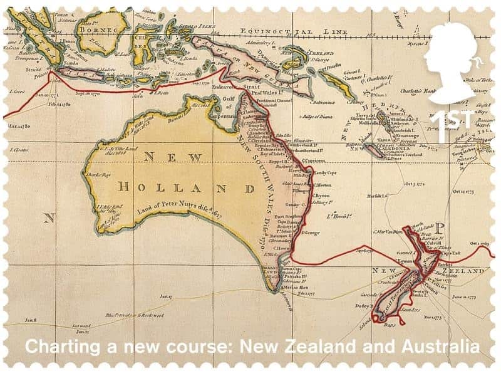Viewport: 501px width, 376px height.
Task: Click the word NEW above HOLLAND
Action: [171, 157]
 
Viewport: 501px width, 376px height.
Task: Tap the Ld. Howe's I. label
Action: [338, 217]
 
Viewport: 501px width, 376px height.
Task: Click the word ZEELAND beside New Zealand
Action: [463, 271]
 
